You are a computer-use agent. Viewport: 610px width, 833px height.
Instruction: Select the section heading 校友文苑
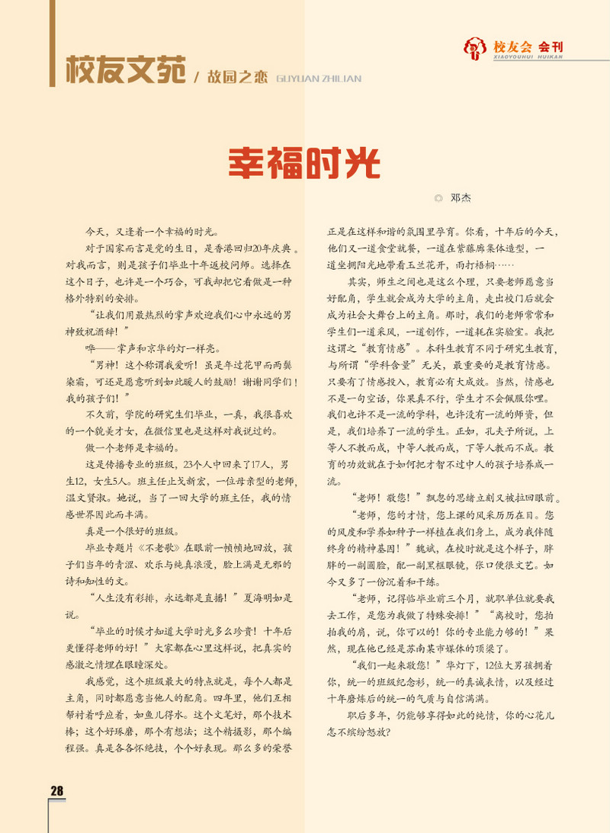pyautogui.click(x=125, y=71)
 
